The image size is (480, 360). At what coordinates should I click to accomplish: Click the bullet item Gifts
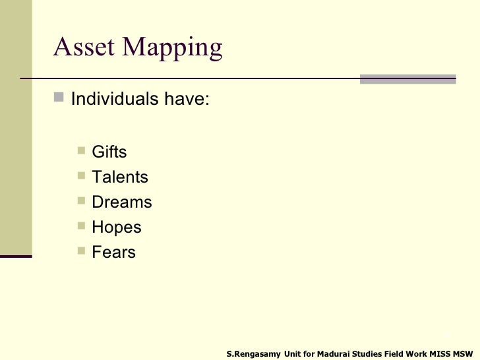pyautogui.click(x=109, y=152)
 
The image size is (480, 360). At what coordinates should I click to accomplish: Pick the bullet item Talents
pyautogui.click(x=120, y=177)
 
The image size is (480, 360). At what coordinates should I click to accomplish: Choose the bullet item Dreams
pyautogui.click(x=122, y=202)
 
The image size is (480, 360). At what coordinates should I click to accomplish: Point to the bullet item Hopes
pyautogui.click(x=117, y=227)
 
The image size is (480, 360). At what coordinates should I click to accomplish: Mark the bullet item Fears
pyautogui.click(x=114, y=253)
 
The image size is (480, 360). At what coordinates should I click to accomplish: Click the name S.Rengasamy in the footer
pyautogui.click(x=253, y=354)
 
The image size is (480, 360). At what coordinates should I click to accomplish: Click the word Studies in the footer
pyautogui.click(x=373, y=354)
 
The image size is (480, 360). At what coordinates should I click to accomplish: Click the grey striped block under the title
pyautogui.click(x=408, y=78)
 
